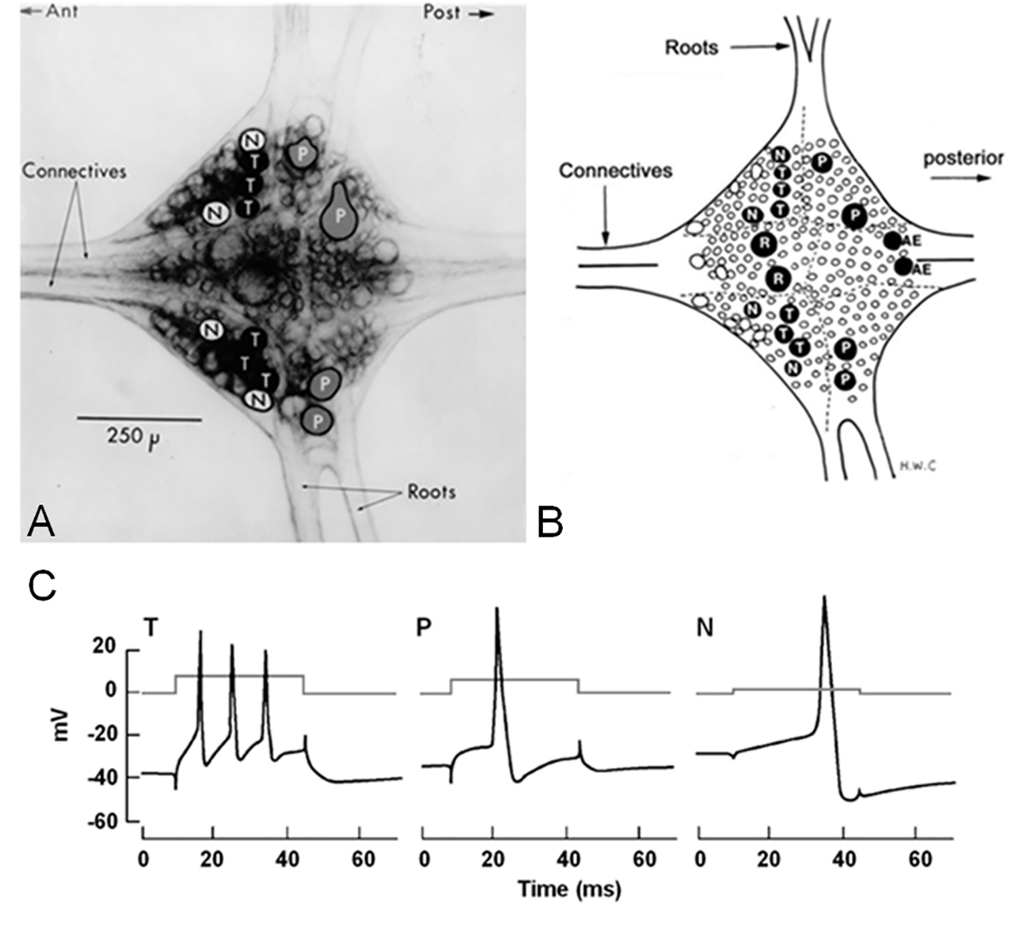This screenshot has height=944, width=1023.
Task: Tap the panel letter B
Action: pyautogui.click(x=552, y=521)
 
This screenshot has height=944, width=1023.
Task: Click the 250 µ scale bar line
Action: pyautogui.click(x=139, y=418)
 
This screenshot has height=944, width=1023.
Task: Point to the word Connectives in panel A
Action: pyautogui.click(x=74, y=171)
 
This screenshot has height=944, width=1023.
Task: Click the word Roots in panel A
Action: pyautogui.click(x=431, y=492)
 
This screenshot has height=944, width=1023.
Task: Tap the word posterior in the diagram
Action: pyautogui.click(x=967, y=158)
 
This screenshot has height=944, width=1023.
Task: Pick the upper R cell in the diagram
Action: pyautogui.click(x=764, y=245)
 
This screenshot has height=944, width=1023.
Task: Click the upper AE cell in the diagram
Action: pyautogui.click(x=892, y=241)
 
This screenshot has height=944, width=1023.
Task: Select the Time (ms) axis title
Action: pyautogui.click(x=569, y=889)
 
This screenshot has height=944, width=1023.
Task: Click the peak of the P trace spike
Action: pyautogui.click(x=496, y=608)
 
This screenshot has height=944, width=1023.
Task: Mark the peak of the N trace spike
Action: pyautogui.click(x=824, y=597)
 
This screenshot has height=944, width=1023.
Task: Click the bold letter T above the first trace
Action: pyautogui.click(x=151, y=628)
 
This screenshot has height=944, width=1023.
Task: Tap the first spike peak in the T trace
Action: pyautogui.click(x=200, y=632)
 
